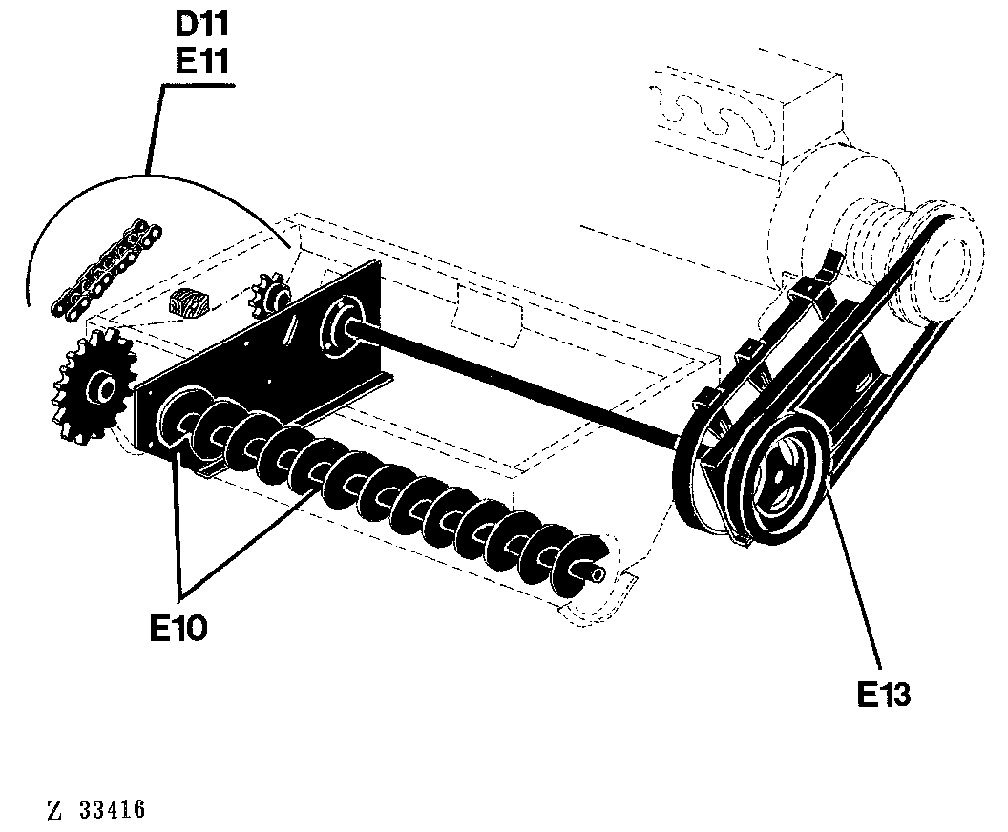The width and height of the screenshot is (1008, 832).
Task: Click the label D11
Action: (x=201, y=25)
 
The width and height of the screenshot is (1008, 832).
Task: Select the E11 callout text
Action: (x=201, y=62)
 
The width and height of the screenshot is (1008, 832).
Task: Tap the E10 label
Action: (x=178, y=628)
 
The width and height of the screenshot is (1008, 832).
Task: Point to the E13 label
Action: (x=884, y=694)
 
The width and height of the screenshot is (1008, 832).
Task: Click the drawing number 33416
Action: (x=113, y=809)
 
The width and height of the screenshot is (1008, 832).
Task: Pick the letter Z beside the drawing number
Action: (x=54, y=810)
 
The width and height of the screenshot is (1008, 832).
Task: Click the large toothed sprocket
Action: (x=94, y=385)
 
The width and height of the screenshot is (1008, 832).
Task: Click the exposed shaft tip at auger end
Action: (x=598, y=572)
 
